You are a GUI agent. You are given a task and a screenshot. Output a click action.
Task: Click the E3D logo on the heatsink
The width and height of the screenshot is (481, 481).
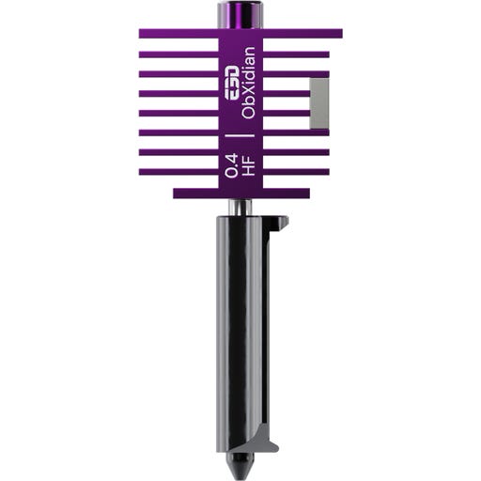(231, 83)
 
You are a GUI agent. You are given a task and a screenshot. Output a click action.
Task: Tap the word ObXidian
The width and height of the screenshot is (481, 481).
(248, 83)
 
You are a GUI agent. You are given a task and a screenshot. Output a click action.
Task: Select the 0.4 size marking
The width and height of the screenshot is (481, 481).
(231, 166)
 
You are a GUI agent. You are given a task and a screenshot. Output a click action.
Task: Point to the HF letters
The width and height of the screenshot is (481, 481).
(248, 166)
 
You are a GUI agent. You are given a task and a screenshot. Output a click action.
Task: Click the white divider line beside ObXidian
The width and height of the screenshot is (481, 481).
(240, 135)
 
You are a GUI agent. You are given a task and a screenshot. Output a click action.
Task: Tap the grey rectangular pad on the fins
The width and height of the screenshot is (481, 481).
(319, 103)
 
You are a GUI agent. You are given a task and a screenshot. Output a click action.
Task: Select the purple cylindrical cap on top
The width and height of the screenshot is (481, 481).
(240, 15)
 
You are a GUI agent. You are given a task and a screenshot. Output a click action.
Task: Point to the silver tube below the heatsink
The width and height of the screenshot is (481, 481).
(240, 207)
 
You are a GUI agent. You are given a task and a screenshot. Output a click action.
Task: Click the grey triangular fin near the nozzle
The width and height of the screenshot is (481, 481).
(265, 439)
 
